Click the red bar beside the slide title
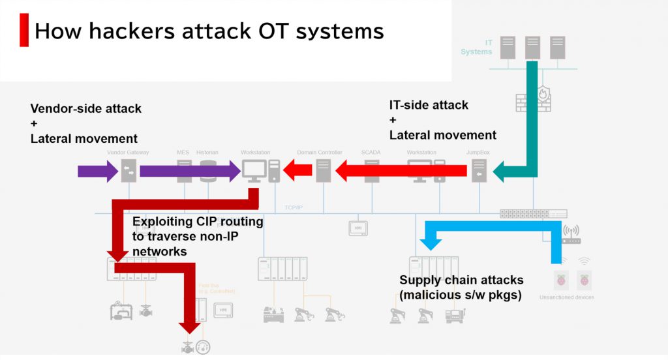[x=24, y=30]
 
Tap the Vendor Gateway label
[x=128, y=153]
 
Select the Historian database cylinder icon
[x=209, y=171]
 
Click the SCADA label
[x=371, y=153]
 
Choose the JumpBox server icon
[x=479, y=171]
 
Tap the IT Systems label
[x=477, y=46]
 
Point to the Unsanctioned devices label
[x=566, y=297]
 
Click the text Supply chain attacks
[x=461, y=280]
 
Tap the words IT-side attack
[x=429, y=105]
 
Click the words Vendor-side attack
[x=85, y=108]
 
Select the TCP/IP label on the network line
[x=294, y=208]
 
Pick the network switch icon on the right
[x=533, y=213]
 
